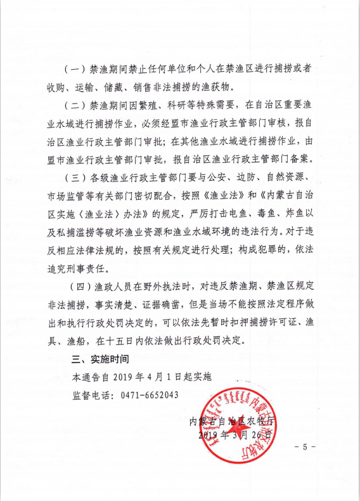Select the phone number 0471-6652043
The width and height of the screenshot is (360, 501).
point(149,394)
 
